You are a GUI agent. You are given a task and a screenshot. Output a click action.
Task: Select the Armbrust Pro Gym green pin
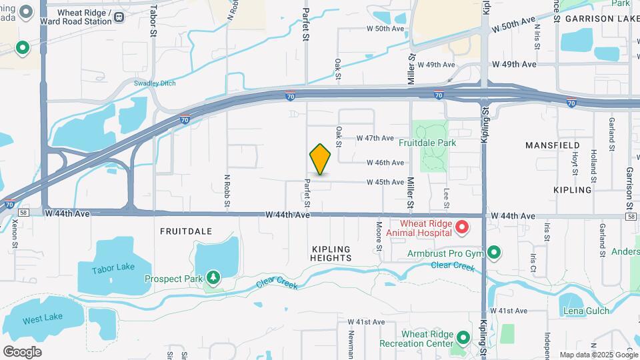tap(494, 252)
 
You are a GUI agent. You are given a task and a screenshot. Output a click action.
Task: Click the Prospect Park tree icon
tap(213, 277)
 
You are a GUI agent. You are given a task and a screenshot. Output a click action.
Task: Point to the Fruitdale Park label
tap(427, 143)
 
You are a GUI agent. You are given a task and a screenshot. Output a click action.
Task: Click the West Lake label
tap(37, 320)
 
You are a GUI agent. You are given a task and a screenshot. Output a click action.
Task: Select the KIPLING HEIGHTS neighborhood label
tap(331, 253)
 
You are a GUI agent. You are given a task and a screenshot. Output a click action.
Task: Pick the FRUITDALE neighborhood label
tap(186, 231)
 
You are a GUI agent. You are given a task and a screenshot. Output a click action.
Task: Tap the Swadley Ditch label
tap(153, 83)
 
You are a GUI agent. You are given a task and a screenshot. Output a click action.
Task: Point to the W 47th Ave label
tap(375, 138)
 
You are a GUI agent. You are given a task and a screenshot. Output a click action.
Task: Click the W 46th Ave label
tap(385, 163)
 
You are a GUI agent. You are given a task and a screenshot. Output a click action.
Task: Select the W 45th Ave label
tap(385, 182)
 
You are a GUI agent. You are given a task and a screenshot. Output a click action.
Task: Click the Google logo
tap(22, 351)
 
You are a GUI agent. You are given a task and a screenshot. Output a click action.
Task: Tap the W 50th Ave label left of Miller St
tap(385, 29)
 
